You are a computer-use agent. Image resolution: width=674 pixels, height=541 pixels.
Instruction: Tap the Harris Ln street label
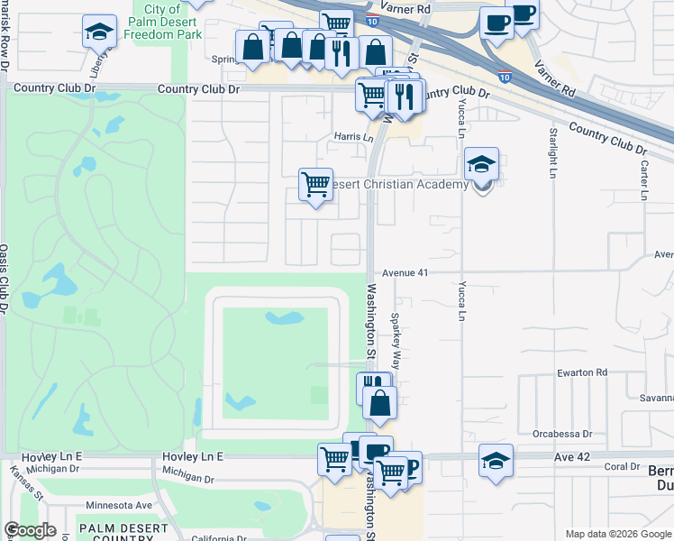[353, 137]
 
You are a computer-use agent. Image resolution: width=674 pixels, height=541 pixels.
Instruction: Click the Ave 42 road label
[571, 457]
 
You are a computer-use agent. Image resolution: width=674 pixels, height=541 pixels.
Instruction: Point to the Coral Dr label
[621, 466]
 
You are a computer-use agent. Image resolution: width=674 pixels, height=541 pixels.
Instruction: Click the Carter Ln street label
[644, 181]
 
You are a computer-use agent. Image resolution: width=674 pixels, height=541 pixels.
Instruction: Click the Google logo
[30, 530]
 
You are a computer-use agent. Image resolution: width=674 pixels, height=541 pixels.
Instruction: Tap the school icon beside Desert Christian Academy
[482, 166]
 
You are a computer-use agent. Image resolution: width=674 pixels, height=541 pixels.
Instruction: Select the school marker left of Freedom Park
[99, 33]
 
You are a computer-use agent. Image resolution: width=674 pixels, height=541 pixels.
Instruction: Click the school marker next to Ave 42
[496, 462]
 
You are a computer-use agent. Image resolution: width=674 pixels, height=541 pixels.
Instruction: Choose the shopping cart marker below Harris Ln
[315, 186]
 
